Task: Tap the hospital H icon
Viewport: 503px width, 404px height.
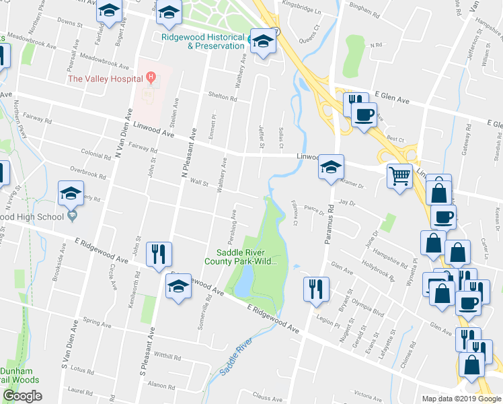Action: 151,78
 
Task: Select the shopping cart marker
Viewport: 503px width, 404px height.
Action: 399,176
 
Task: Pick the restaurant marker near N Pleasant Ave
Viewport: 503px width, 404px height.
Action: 159,254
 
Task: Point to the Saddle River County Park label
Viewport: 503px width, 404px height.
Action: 241,257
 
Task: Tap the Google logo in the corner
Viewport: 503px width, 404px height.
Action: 22,396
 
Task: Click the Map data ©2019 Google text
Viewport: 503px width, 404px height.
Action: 461,399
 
